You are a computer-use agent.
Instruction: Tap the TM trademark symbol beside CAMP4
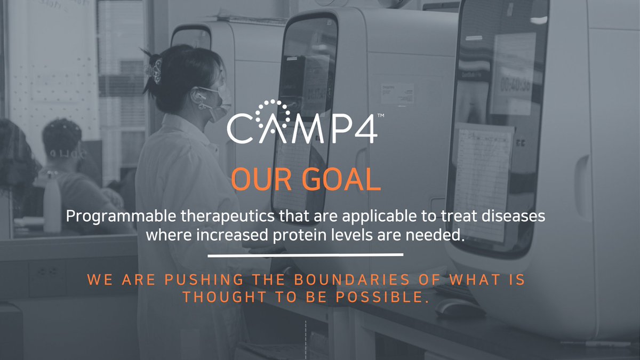pyautogui.click(x=381, y=115)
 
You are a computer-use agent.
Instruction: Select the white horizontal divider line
pyautogui.click(x=305, y=255)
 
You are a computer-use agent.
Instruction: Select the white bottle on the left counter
pyautogui.click(x=52, y=203)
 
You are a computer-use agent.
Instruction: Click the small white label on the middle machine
pyautogui.click(x=397, y=94)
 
